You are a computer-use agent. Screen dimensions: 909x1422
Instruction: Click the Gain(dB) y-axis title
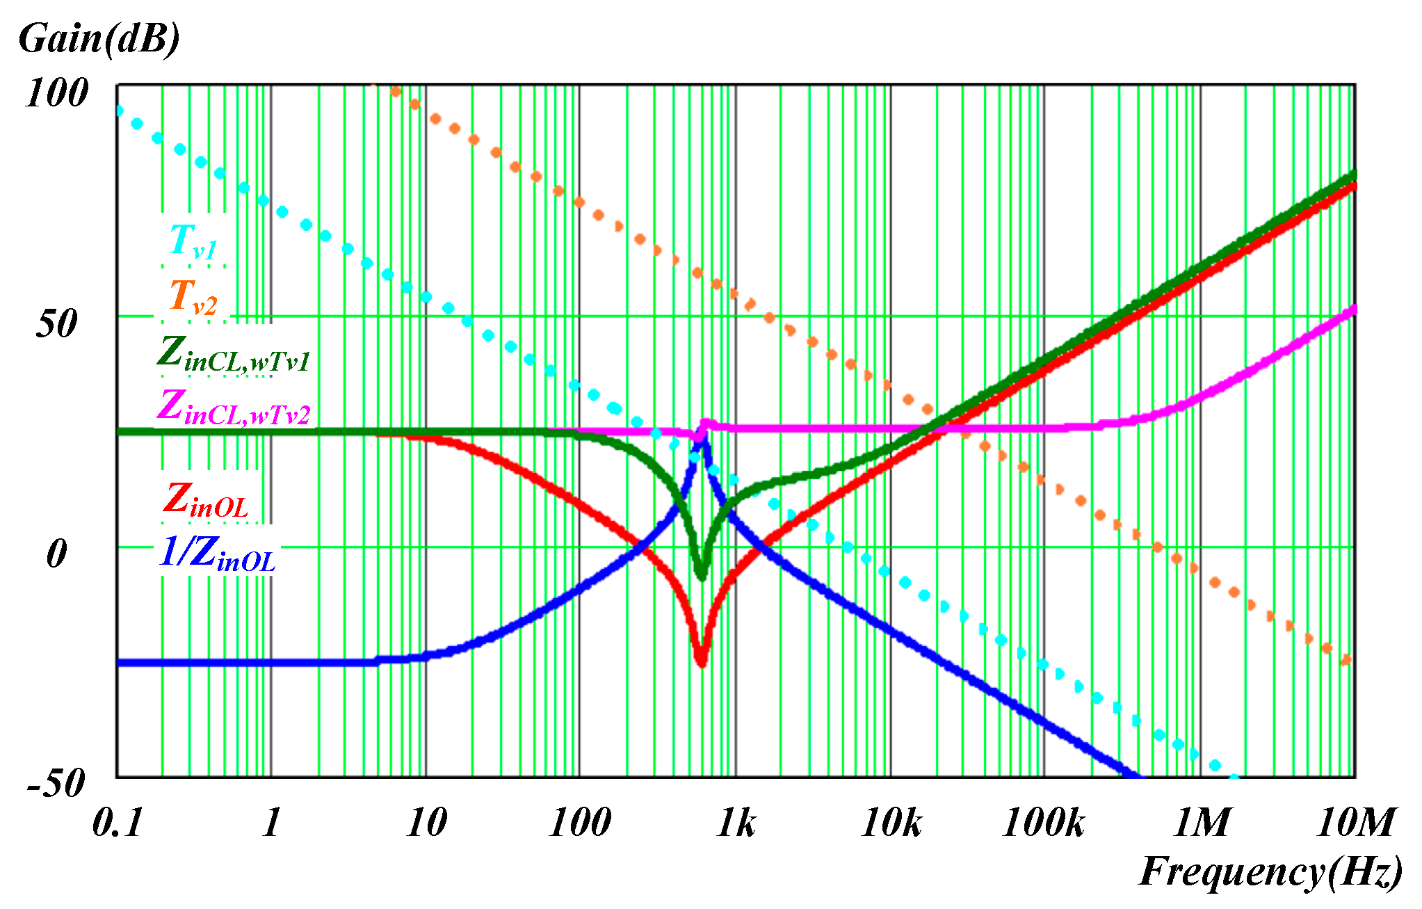tap(99, 39)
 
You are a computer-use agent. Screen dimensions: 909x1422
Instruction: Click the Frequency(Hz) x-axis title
tap(1270, 871)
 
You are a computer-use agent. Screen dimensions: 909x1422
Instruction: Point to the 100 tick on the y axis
tap(57, 92)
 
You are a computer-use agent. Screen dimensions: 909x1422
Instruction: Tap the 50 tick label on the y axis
tap(57, 324)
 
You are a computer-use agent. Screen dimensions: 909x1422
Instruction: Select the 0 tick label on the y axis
tap(57, 554)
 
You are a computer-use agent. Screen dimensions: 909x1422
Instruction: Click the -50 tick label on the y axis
tap(57, 783)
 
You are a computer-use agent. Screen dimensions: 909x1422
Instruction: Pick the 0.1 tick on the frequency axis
tap(117, 823)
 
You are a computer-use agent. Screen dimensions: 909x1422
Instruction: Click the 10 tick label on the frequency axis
tap(426, 823)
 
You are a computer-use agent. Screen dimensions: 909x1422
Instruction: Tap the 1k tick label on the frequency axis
tap(736, 823)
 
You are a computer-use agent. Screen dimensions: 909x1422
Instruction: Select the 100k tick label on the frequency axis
tap(1043, 823)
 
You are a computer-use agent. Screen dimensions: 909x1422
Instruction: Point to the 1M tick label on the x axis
tap(1202, 823)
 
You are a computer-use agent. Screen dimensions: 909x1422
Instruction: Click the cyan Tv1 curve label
tap(193, 241)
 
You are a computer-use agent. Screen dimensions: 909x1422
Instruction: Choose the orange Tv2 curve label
tap(193, 296)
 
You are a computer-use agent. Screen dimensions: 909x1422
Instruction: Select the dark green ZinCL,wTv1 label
tap(233, 353)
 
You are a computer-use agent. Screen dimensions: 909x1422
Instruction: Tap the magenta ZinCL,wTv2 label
tap(233, 408)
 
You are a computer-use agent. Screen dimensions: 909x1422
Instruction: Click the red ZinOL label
tap(206, 501)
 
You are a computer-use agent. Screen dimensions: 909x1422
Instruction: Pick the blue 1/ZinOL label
tap(217, 554)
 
